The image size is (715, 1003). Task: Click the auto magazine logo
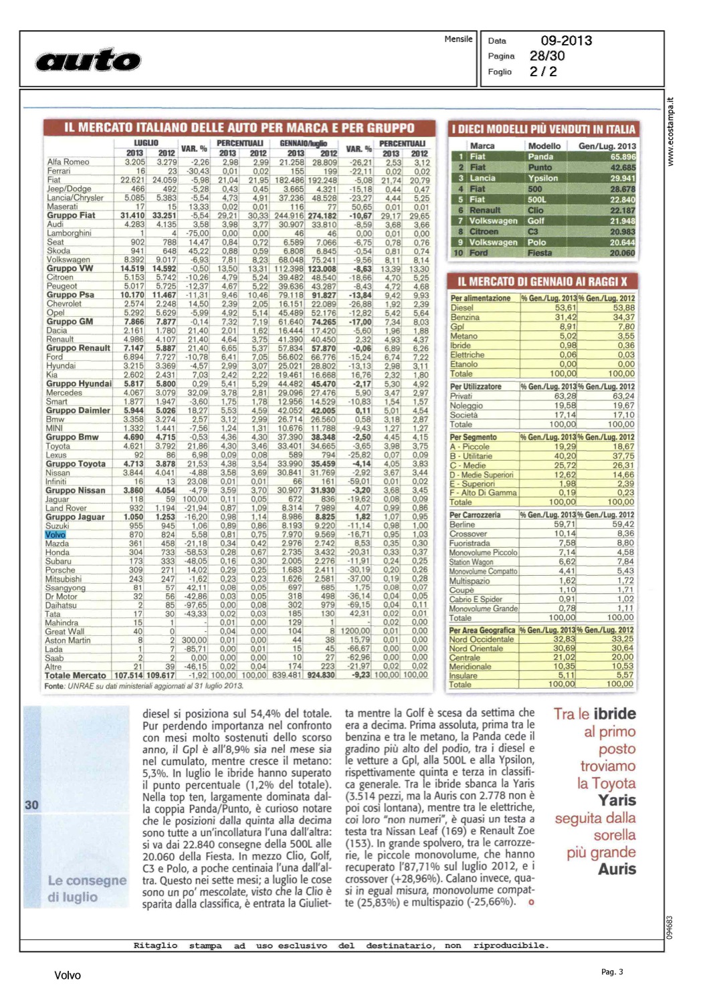[x=88, y=60]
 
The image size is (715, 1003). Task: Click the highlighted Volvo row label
[x=56, y=534]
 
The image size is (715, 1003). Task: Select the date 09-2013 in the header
[x=566, y=41]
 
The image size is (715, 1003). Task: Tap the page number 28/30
[x=546, y=56]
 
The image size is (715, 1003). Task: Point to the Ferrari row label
[x=59, y=171]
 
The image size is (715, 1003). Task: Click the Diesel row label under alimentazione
[x=462, y=308]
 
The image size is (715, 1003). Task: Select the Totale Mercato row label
[x=76, y=675]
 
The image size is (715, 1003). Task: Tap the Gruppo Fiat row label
[x=71, y=215]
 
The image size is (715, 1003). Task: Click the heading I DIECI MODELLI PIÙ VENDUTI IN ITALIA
[x=542, y=129]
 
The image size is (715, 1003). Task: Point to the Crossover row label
[x=468, y=534]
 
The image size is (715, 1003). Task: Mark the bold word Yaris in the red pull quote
[x=617, y=800]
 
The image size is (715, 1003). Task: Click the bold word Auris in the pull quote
[x=617, y=869]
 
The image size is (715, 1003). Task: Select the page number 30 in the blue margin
[x=31, y=805]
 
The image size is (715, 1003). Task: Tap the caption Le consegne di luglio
[x=86, y=889]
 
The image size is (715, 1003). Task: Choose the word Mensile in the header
[x=458, y=39]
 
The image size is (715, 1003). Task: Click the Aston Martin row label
[x=68, y=640]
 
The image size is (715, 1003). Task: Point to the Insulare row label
[x=464, y=675]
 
